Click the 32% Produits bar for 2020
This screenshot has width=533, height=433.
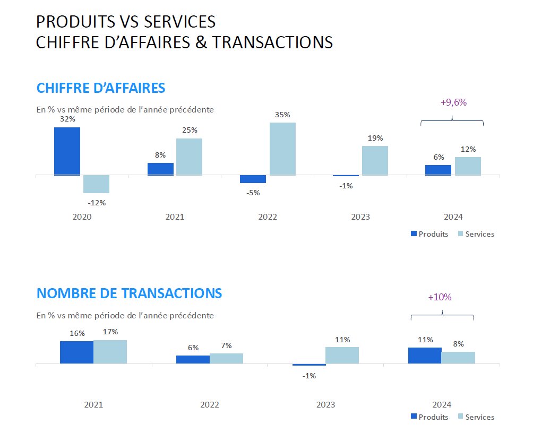pyautogui.click(x=67, y=151)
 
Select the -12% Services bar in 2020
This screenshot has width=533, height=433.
pyautogui.click(x=96, y=184)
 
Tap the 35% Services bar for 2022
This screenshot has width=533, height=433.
pyautogui.click(x=282, y=149)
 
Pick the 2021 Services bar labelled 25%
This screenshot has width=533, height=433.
pyautogui.click(x=189, y=157)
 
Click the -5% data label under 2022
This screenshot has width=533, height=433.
pyautogui.click(x=253, y=193)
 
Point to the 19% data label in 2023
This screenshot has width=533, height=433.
pyautogui.click(x=375, y=138)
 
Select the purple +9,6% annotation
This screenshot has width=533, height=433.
pyautogui.click(x=453, y=103)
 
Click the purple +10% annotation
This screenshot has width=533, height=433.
pyautogui.click(x=440, y=297)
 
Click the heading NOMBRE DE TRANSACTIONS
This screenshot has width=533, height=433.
pyautogui.click(x=129, y=293)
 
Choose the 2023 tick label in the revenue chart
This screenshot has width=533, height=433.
pyautogui.click(x=360, y=217)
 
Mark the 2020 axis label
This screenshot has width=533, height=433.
pyautogui.click(x=82, y=217)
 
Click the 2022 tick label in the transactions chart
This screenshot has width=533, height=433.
pyautogui.click(x=210, y=404)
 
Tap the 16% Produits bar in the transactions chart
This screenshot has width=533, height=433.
pyautogui.click(x=76, y=352)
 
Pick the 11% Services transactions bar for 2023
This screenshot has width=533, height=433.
pyautogui.click(x=342, y=356)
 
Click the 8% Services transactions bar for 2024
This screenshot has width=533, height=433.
pyautogui.click(x=458, y=358)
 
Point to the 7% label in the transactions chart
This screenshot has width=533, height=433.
pyautogui.click(x=226, y=346)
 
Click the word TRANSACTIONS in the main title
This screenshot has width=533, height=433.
pyautogui.click(x=273, y=42)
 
